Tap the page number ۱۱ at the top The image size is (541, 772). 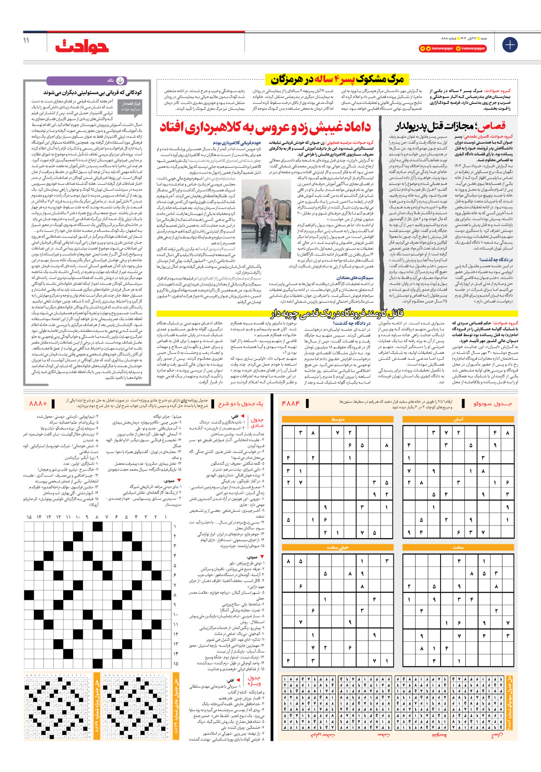coord(26,40)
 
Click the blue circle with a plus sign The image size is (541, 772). coord(510,45)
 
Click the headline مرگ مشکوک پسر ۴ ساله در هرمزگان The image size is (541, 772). coord(337,79)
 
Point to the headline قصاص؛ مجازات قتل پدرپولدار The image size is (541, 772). coord(450,126)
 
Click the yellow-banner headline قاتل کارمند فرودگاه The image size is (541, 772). coord(337,313)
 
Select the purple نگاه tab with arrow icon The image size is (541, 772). coord(117,80)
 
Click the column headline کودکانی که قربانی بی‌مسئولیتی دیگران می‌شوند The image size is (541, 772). coord(93,92)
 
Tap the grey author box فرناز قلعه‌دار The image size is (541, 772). coord(131,106)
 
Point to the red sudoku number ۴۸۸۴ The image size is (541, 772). coord(290,404)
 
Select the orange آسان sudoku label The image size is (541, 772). coord(458,419)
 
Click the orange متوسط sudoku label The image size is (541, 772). coord(338,419)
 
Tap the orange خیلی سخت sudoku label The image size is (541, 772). coord(338,548)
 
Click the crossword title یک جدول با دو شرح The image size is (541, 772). coord(241,404)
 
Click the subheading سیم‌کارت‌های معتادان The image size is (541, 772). coord(354,278)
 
